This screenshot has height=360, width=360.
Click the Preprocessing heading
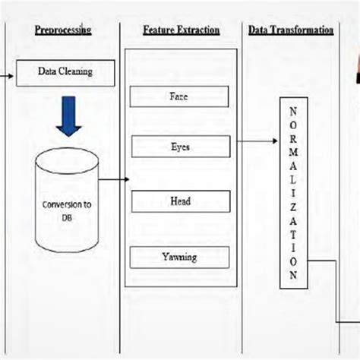coord(63,30)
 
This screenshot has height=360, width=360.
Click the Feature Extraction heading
coord(181,30)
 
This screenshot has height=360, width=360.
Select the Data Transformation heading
coord(290,30)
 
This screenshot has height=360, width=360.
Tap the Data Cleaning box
coord(65,72)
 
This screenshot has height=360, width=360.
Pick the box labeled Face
coord(180,97)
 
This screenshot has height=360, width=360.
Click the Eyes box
coord(180,147)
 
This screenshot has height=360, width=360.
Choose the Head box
coord(180,201)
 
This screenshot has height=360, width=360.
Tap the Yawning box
coord(180,257)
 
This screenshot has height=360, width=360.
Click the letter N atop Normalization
coord(292,110)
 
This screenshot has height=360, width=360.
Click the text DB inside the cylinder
coord(68,216)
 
